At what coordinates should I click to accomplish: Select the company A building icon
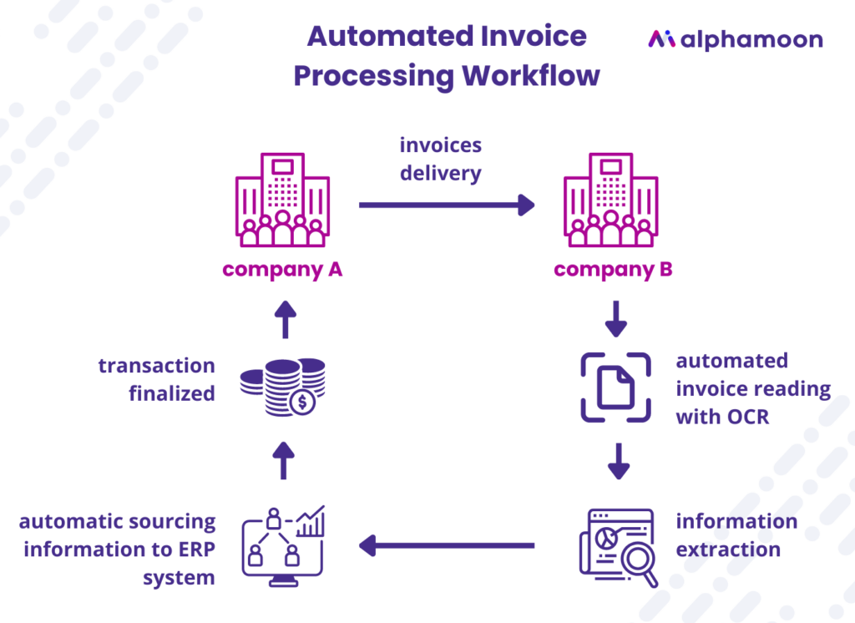pos(282,200)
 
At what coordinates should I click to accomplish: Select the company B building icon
pos(610,200)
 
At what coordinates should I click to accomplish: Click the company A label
pos(282,270)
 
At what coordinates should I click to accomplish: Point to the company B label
pos(613,270)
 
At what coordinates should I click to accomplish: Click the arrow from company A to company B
pos(447,205)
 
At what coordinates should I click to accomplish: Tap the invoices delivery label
pos(440,159)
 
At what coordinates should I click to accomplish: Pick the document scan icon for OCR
pos(617,387)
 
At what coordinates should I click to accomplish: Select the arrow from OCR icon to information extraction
pos(617,461)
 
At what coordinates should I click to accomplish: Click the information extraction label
pos(735,535)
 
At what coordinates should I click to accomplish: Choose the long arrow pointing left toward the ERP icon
pos(447,546)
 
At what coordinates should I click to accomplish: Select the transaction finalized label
pos(157,379)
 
